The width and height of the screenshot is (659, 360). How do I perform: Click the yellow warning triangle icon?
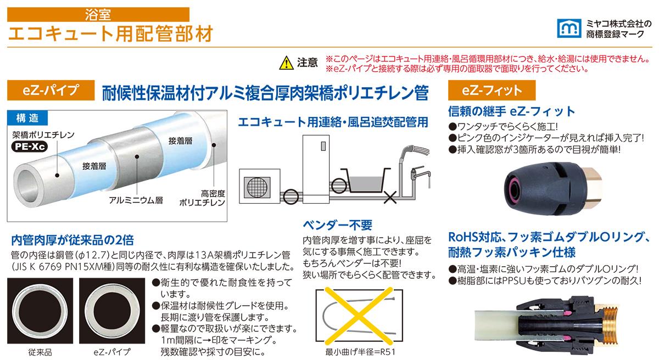(286, 63)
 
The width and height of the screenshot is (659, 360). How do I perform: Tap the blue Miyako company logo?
(569, 28)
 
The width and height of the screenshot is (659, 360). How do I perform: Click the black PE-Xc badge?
(30, 147)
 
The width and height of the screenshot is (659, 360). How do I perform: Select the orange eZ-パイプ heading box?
(51, 90)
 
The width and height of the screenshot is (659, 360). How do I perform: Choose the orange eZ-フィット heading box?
(492, 90)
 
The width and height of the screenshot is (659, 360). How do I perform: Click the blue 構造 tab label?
(27, 118)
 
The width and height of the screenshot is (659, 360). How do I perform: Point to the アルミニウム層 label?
(136, 200)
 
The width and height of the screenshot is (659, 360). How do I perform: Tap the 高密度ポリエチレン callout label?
(202, 198)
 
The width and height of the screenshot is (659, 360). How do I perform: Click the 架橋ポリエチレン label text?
(43, 135)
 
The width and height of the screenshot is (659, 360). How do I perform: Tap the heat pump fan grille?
(257, 187)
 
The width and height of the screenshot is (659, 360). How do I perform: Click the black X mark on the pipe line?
(390, 197)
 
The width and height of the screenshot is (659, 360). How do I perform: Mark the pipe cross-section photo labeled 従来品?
(40, 311)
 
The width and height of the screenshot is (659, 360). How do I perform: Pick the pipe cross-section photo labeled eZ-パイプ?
(112, 311)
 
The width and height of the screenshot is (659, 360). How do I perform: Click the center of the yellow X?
(359, 316)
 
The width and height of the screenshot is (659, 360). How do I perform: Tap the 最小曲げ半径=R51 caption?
(360, 352)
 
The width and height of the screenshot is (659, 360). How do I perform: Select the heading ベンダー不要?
(337, 225)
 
